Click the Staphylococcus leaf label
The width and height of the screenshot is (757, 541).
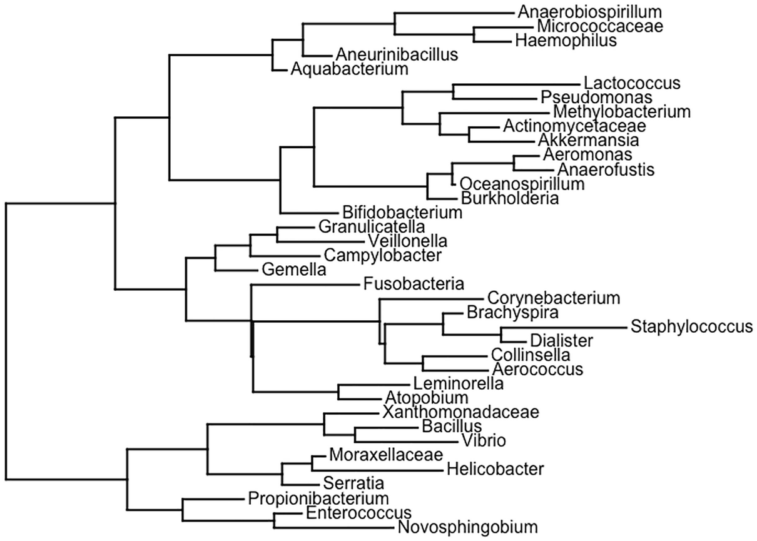point(691,326)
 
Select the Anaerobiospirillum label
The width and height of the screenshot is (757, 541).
point(581,11)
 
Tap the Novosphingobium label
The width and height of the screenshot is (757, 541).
point(467,527)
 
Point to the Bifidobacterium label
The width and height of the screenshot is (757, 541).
point(402,212)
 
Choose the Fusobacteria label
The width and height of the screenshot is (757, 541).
point(413,285)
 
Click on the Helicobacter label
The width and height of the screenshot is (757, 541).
point(496,468)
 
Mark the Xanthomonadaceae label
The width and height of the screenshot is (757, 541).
point(460,412)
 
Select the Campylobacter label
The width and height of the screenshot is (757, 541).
point(383,255)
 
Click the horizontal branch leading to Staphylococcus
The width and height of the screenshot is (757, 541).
point(563,327)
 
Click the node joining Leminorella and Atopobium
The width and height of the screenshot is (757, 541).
point(338,392)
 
